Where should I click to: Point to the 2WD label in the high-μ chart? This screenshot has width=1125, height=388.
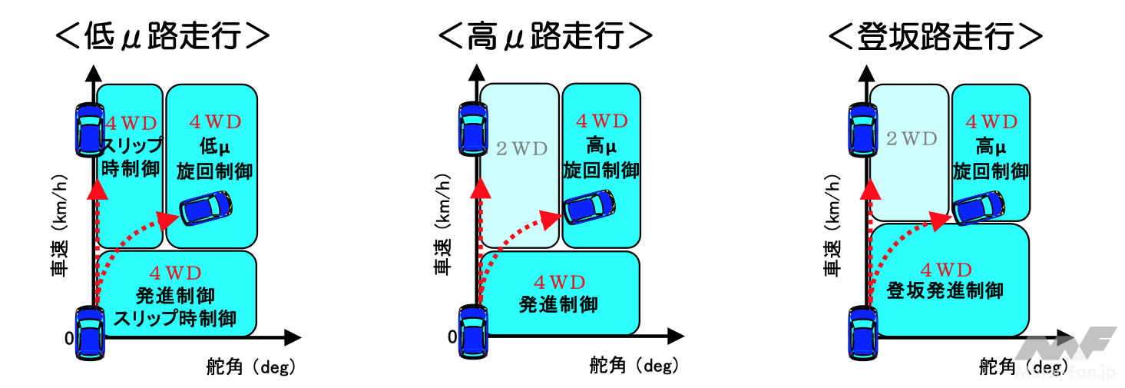(x=521, y=149)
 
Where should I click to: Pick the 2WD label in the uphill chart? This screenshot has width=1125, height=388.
(x=911, y=138)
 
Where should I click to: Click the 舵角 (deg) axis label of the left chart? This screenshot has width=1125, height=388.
(x=250, y=368)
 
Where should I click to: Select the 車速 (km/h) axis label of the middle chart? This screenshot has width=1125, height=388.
(x=442, y=230)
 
